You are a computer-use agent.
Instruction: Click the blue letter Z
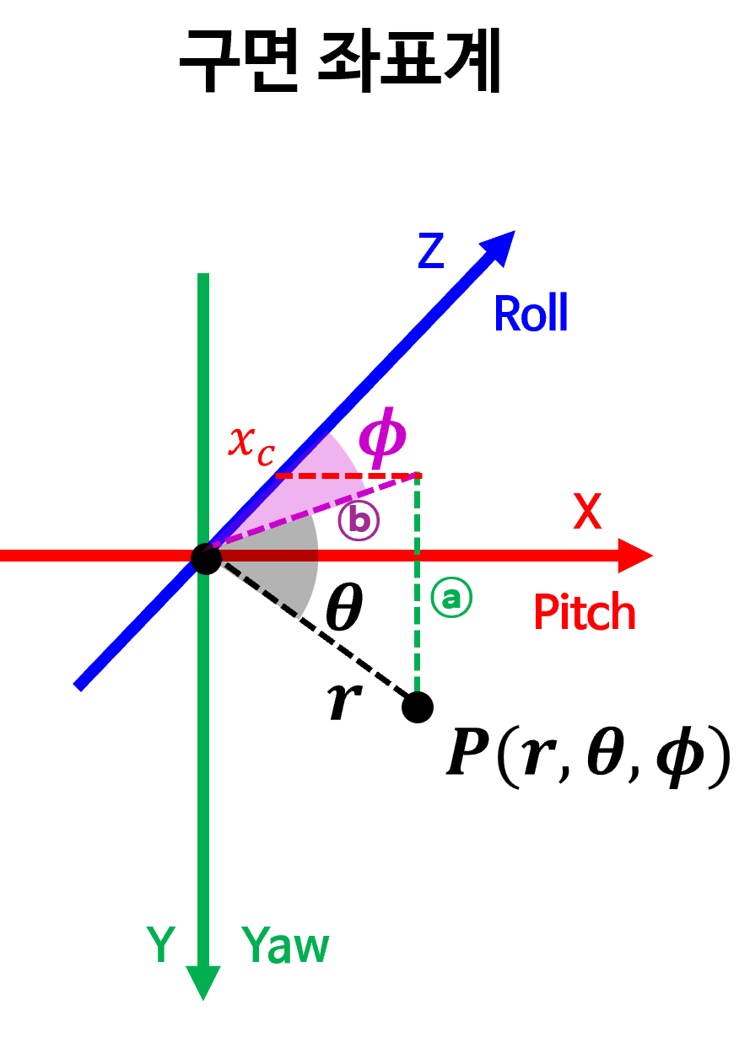click(x=431, y=251)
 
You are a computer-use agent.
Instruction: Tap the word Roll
click(x=530, y=314)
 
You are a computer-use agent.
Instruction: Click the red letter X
click(x=587, y=512)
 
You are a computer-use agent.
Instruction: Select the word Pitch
click(x=585, y=613)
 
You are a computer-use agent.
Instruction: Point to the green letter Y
click(x=160, y=944)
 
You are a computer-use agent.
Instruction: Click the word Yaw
click(x=285, y=945)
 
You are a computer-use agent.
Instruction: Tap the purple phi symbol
click(x=382, y=436)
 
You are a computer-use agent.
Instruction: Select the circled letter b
click(x=359, y=521)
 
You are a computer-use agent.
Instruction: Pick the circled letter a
click(x=451, y=597)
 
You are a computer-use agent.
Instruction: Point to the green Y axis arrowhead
click(x=203, y=981)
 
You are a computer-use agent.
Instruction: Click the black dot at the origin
click(x=206, y=558)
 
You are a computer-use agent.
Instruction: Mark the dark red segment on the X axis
click(x=270, y=556)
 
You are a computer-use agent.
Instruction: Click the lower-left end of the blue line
click(x=80, y=685)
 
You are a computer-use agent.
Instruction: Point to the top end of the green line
click(x=203, y=277)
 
